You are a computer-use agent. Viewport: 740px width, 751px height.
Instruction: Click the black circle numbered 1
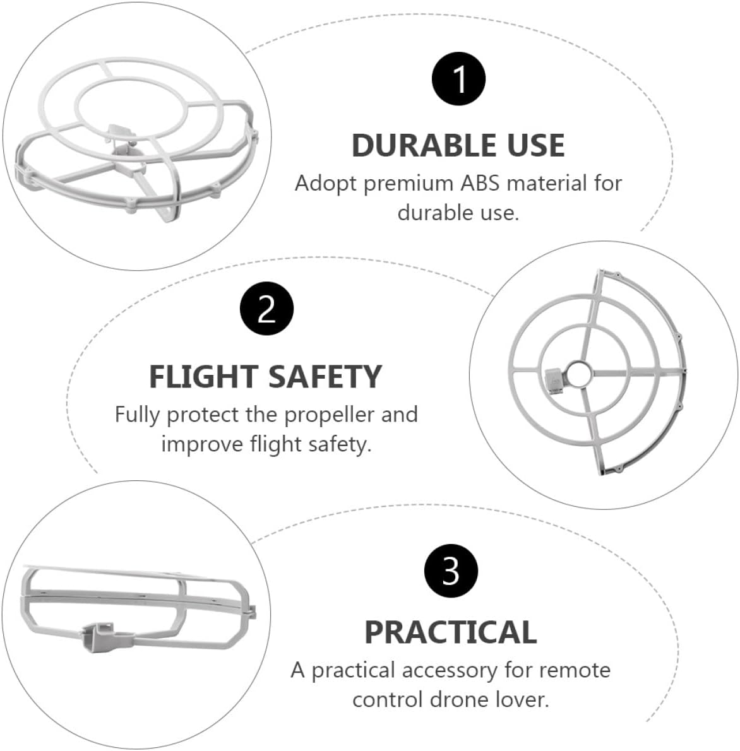(458, 79)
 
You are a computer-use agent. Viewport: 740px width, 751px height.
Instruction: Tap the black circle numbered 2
(266, 309)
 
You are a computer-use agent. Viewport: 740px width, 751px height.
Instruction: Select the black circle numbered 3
(451, 571)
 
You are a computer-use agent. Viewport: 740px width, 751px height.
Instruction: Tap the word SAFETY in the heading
(325, 377)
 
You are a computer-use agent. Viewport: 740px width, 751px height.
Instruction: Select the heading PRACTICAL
(451, 632)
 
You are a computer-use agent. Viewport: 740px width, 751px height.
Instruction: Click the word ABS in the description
(480, 184)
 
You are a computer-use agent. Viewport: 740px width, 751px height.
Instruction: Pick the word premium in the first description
(409, 184)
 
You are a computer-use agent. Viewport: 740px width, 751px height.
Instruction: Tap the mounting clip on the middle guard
(554, 381)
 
